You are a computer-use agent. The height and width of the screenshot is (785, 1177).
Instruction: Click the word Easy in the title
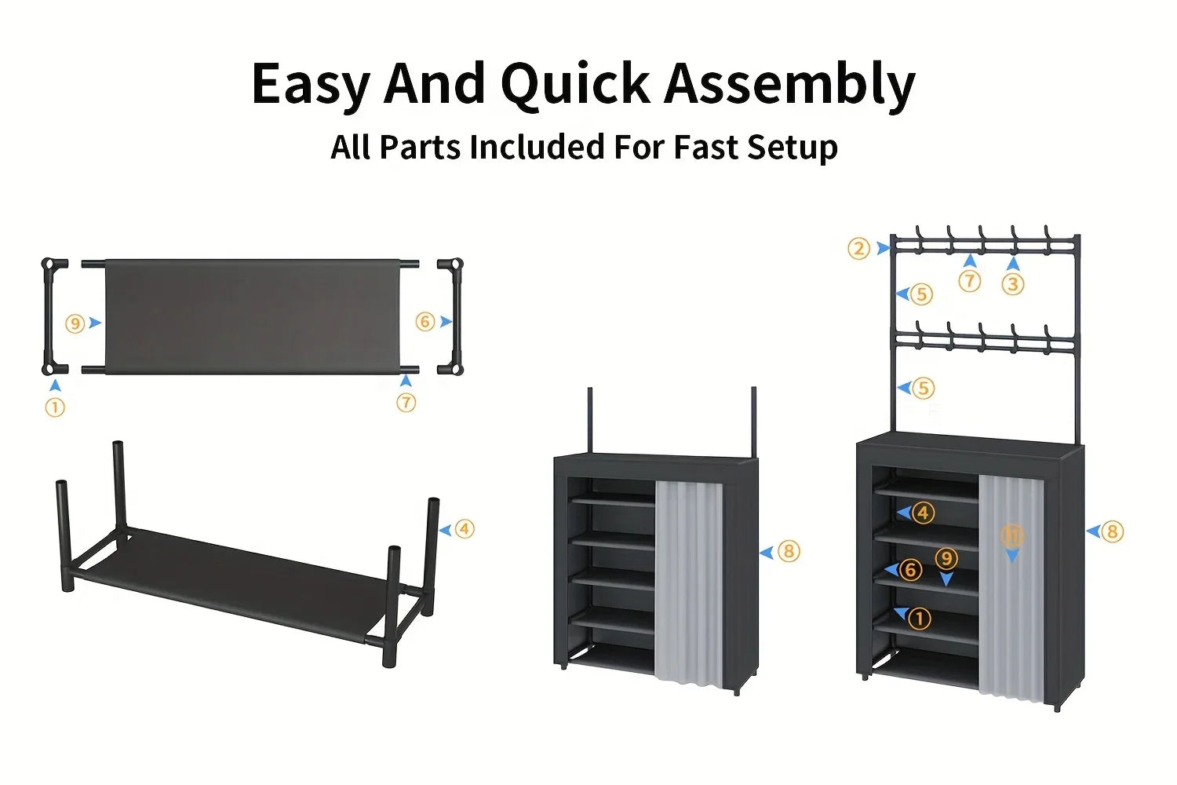click(x=310, y=84)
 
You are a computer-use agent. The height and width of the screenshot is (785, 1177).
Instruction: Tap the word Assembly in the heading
click(x=790, y=84)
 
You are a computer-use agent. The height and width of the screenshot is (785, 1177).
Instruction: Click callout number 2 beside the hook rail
click(x=859, y=249)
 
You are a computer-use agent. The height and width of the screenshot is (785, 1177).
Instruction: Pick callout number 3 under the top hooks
click(x=1013, y=284)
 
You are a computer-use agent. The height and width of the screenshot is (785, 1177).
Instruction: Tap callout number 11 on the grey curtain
click(x=1012, y=537)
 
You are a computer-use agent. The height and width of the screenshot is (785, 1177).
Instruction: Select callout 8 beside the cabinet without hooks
click(x=789, y=552)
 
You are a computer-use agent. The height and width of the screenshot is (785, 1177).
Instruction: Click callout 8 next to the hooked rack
click(x=1112, y=532)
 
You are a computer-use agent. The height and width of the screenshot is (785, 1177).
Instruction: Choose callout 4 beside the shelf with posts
click(x=465, y=529)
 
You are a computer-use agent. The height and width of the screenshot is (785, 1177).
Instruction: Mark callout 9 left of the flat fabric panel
click(x=75, y=323)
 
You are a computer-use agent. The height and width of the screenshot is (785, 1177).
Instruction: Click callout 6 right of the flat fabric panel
click(x=425, y=322)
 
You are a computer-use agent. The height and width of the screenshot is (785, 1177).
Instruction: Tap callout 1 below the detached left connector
click(x=55, y=408)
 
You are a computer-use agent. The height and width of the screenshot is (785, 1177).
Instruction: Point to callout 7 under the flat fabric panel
click(x=406, y=403)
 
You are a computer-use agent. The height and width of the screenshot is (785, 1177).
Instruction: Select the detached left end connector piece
click(x=54, y=316)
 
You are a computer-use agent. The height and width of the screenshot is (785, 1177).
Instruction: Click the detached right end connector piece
click(x=451, y=316)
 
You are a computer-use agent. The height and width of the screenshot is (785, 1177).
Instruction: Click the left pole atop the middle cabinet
click(x=589, y=420)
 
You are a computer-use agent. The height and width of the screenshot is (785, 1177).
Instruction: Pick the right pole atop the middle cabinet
click(x=753, y=420)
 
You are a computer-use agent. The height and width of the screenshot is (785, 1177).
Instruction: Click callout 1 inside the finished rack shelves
click(x=920, y=619)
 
